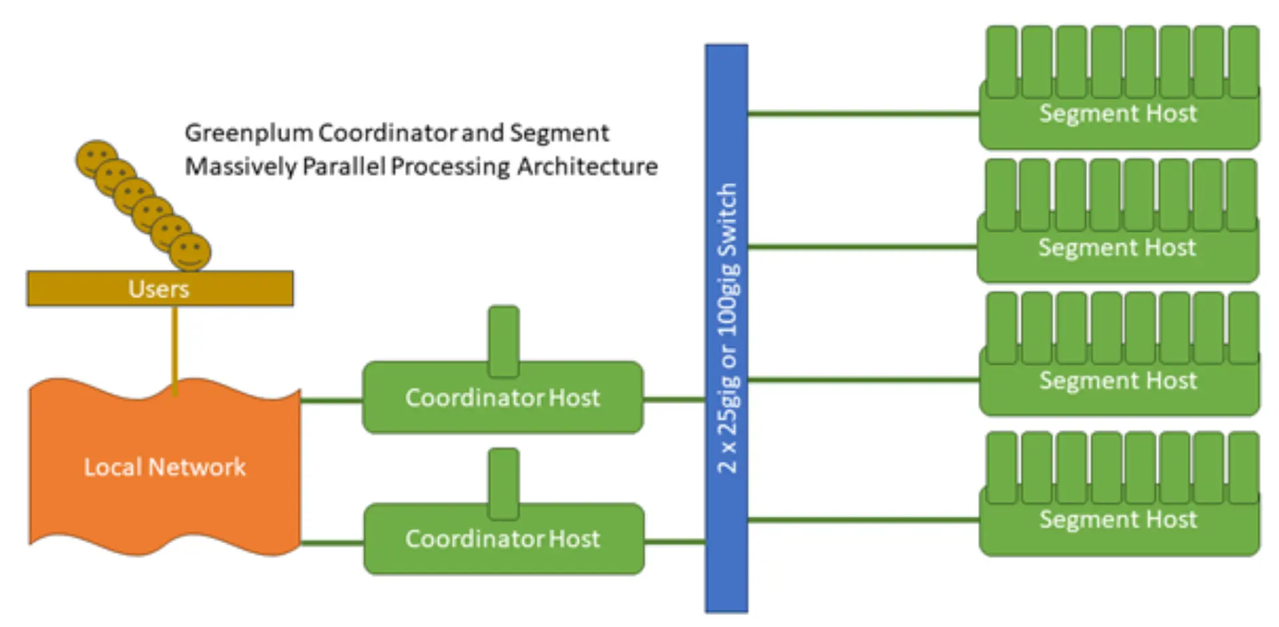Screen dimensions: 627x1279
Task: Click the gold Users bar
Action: [x=160, y=288]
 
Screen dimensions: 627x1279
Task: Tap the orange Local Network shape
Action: [x=165, y=467]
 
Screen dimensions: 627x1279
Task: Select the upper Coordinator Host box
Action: [x=503, y=398]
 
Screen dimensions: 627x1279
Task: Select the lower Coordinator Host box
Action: [x=503, y=538]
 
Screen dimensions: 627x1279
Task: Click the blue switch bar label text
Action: [x=727, y=327]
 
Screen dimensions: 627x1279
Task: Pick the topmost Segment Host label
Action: [x=1118, y=114]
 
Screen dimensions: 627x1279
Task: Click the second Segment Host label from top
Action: [x=1117, y=248]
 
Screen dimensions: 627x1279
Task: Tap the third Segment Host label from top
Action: [x=1118, y=381]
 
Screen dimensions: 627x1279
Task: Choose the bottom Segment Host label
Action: [x=1118, y=519]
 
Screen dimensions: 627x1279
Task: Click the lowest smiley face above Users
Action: [x=191, y=252]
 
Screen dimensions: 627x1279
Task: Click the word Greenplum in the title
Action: [x=248, y=133]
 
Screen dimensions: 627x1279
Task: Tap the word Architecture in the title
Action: [x=587, y=166]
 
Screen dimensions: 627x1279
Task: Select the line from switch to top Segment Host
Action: [x=863, y=114]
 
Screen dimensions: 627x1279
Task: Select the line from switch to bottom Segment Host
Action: [x=863, y=520]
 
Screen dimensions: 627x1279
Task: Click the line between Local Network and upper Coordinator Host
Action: [x=331, y=401]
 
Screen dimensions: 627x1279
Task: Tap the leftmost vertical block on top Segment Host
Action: [x=1002, y=61]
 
